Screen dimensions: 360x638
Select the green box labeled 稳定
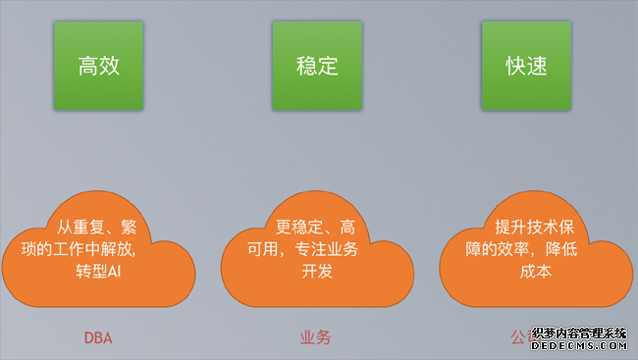click(x=317, y=66)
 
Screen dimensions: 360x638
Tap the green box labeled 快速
click(x=526, y=66)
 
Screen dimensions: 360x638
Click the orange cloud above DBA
click(x=97, y=250)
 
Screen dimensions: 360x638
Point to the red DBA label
click(x=97, y=338)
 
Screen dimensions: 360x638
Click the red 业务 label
click(x=315, y=338)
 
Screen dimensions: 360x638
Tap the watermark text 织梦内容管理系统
click(x=579, y=334)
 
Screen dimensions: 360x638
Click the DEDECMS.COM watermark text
click(x=579, y=346)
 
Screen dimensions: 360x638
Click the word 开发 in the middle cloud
click(x=317, y=271)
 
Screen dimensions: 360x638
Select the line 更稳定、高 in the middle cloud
click(x=316, y=227)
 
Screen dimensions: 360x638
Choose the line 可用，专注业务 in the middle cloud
click(x=316, y=248)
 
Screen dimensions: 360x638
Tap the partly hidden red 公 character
click(x=517, y=338)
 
